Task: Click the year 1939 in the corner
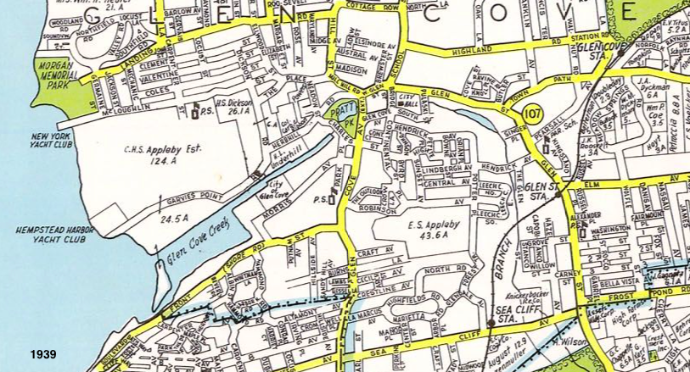point(42,353)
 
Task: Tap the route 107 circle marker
point(533,113)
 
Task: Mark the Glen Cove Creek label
point(202,246)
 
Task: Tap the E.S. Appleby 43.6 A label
point(424,234)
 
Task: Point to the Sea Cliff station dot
point(491,323)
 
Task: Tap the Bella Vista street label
point(614,275)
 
